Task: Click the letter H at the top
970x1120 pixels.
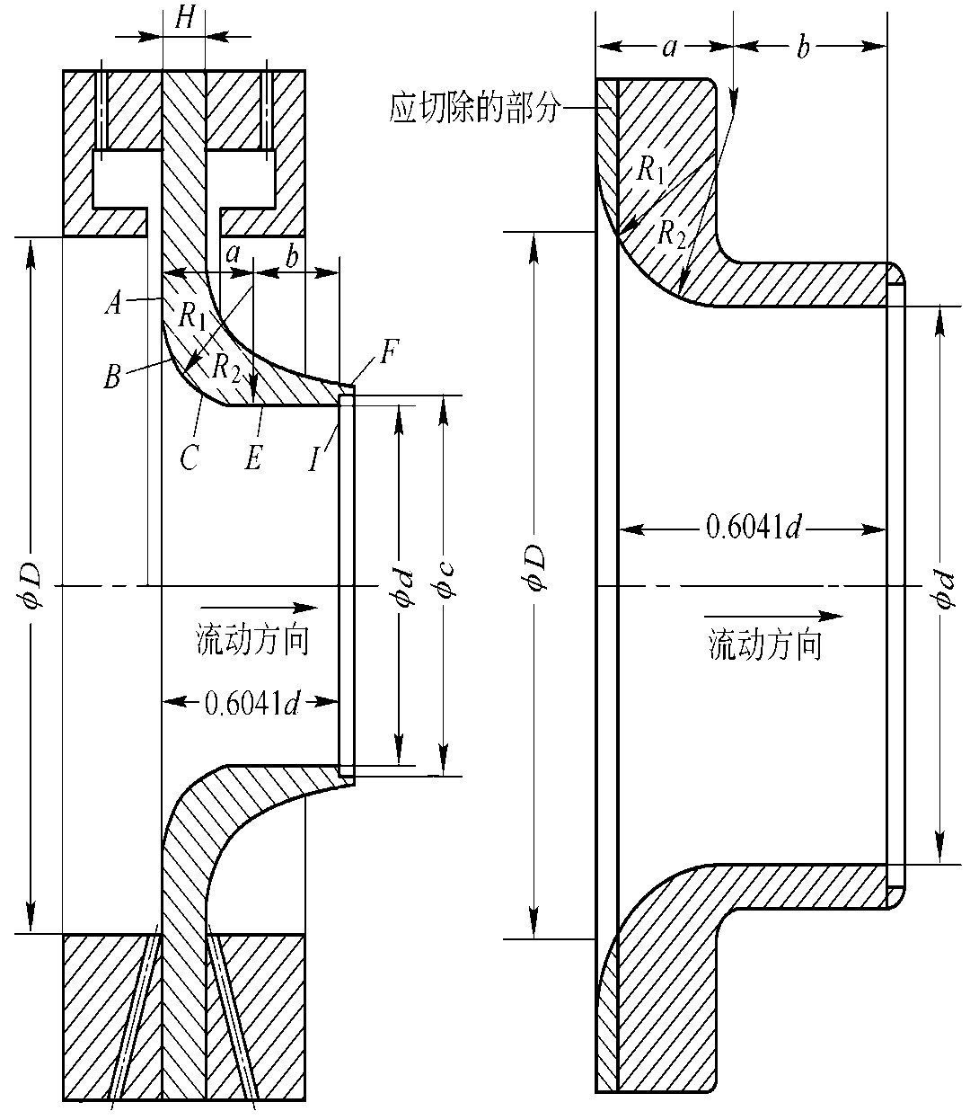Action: [x=184, y=20]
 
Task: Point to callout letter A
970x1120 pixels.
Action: [x=113, y=305]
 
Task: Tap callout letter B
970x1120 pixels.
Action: [x=111, y=377]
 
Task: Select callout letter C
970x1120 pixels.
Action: [x=189, y=459]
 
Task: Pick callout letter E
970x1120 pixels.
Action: [x=253, y=459]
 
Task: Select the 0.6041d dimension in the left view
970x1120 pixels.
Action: [x=251, y=702]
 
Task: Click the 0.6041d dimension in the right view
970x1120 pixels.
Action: [x=753, y=528]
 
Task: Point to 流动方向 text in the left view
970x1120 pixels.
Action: [x=253, y=640]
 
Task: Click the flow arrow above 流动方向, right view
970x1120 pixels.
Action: [x=773, y=617]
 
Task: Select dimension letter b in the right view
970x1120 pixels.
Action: [x=803, y=48]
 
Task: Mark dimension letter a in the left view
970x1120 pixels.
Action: [x=234, y=254]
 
